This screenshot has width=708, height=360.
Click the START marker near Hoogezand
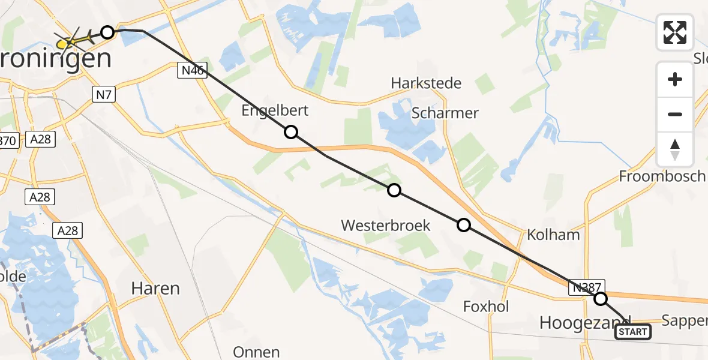click(633, 332)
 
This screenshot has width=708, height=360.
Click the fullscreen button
click(675, 32)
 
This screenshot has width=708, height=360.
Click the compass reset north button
click(675, 149)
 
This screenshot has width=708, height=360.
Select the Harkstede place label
click(426, 83)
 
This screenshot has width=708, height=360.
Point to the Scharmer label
click(445, 113)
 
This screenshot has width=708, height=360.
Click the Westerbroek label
click(386, 226)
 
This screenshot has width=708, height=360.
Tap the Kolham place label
click(553, 235)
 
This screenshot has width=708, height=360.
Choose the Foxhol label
click(486, 307)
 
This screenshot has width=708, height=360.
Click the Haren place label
click(155, 289)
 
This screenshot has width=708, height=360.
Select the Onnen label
click(256, 352)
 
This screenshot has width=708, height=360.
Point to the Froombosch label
click(662, 176)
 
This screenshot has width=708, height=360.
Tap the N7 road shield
click(103, 94)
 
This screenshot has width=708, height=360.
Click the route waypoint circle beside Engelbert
click(291, 132)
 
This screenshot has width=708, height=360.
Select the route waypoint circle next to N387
click(600, 299)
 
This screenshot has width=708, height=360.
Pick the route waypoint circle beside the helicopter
click(107, 32)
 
